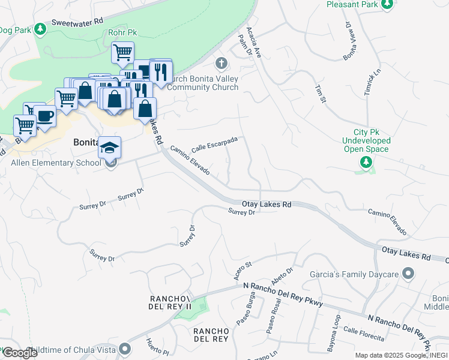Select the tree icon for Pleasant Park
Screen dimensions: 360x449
click(387, 4)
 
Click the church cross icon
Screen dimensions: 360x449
click(221, 63)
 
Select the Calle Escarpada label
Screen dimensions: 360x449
click(214, 144)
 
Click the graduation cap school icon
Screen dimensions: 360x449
click(110, 147)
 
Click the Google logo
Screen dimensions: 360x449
click(20, 352)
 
